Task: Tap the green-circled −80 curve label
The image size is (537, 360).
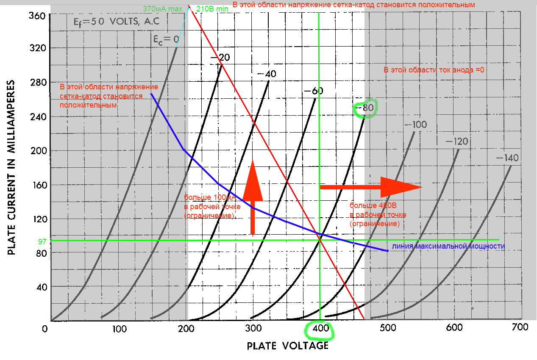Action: [x=365, y=108]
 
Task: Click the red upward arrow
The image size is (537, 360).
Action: [x=253, y=197]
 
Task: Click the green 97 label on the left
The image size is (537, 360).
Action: [x=42, y=241]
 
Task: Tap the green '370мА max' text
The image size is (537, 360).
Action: [x=163, y=8]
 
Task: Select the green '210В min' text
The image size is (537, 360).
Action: [x=212, y=8]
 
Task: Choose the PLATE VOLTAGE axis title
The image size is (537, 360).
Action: [x=288, y=346]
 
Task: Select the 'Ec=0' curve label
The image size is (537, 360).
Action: [x=165, y=39]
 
